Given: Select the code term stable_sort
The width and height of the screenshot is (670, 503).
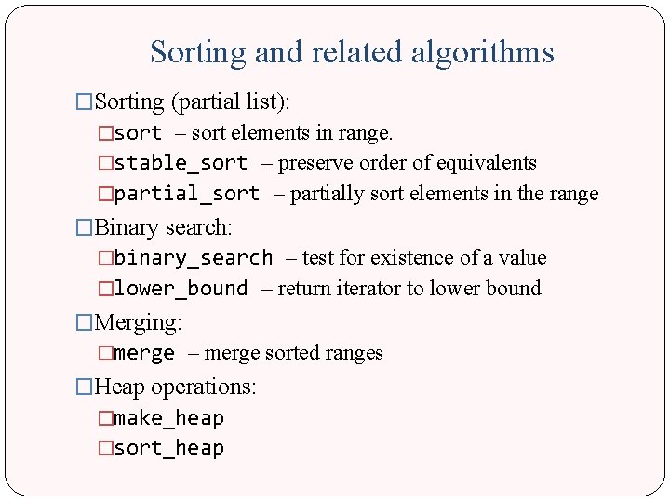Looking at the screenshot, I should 181,164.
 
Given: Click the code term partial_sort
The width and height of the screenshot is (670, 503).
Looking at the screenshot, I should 186,195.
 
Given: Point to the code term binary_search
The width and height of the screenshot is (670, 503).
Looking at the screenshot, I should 193,258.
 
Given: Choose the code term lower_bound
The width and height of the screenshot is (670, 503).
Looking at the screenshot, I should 181,289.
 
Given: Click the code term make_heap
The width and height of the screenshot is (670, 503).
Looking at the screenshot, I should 168,418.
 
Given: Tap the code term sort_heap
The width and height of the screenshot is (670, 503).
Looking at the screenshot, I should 168,448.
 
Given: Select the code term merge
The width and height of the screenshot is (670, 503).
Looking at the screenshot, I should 144,353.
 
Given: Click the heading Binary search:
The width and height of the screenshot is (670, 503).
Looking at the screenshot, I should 164,226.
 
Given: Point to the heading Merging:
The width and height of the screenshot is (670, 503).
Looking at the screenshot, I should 139,322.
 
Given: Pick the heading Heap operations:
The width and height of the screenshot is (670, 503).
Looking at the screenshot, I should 176,386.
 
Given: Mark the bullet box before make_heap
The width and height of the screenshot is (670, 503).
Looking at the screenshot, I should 105,418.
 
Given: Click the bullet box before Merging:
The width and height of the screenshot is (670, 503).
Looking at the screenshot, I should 85,322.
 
